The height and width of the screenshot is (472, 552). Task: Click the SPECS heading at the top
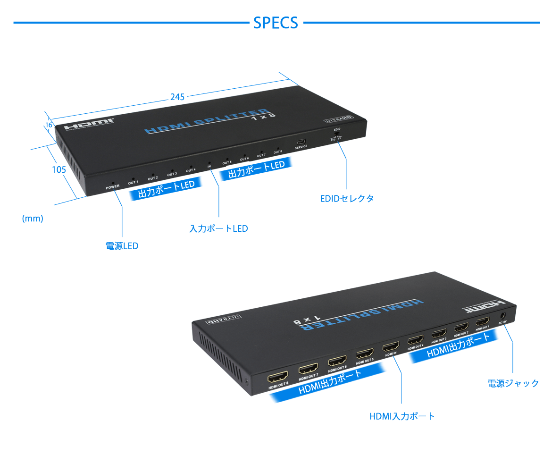276,23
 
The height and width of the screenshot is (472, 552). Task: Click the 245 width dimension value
177,97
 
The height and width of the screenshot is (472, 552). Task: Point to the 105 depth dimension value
59,169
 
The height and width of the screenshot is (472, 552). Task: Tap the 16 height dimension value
49,125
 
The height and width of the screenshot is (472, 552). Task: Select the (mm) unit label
33,219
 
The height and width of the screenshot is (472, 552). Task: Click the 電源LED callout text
122,246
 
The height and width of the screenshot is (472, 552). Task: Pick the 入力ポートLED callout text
218,229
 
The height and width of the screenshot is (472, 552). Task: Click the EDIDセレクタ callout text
347,198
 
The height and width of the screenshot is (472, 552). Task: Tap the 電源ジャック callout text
513,383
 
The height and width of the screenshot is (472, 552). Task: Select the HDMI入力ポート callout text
402,416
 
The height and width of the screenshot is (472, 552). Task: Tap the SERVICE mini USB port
301,142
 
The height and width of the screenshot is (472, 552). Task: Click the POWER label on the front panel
113,187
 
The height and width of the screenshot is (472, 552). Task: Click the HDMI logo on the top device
89,126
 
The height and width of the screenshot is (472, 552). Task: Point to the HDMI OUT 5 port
365,354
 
